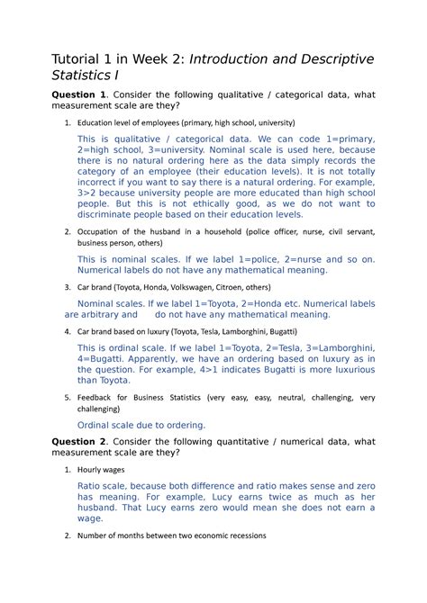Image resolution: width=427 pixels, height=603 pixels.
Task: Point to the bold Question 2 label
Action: click(x=81, y=442)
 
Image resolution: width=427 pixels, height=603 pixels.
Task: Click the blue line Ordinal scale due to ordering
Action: click(x=141, y=425)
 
